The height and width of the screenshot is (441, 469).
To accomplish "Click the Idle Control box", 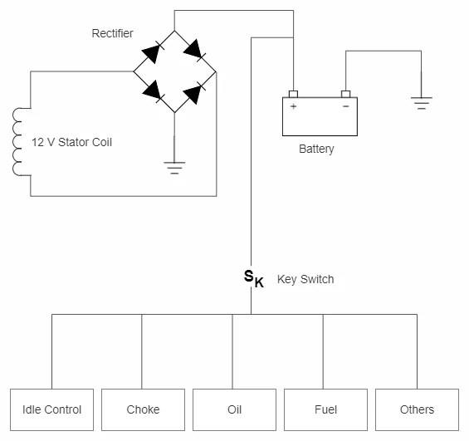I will pyautogui.click(x=51, y=409).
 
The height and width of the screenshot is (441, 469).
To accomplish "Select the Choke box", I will pyautogui.click(x=143, y=409).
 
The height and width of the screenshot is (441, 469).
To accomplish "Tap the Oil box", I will pyautogui.click(x=234, y=409).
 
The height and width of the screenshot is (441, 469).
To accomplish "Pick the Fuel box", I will pyautogui.click(x=325, y=409).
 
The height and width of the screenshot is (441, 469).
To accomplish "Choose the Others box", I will pyautogui.click(x=417, y=409).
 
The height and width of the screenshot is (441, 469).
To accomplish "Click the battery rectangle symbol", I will pyautogui.click(x=320, y=117).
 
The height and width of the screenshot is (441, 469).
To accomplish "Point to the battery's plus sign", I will pyautogui.click(x=293, y=106).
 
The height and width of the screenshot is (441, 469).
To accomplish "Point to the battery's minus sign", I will pyautogui.click(x=345, y=106).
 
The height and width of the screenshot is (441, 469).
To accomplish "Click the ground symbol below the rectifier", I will pyautogui.click(x=174, y=167).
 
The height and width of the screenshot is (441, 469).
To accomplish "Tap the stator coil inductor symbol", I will pyautogui.click(x=19, y=142).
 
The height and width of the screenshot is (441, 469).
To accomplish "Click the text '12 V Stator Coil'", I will pyautogui.click(x=71, y=142).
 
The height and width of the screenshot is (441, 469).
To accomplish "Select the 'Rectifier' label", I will pyautogui.click(x=112, y=33).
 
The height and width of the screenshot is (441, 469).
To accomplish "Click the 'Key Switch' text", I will pyautogui.click(x=305, y=279).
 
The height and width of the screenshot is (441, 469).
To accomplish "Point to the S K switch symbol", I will pyautogui.click(x=253, y=278).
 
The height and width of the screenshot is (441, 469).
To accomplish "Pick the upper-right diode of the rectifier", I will pyautogui.click(x=194, y=51).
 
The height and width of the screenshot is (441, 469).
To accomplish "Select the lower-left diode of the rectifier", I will pyautogui.click(x=153, y=92).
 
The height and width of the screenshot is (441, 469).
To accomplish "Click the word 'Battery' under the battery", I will pyautogui.click(x=316, y=149).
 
